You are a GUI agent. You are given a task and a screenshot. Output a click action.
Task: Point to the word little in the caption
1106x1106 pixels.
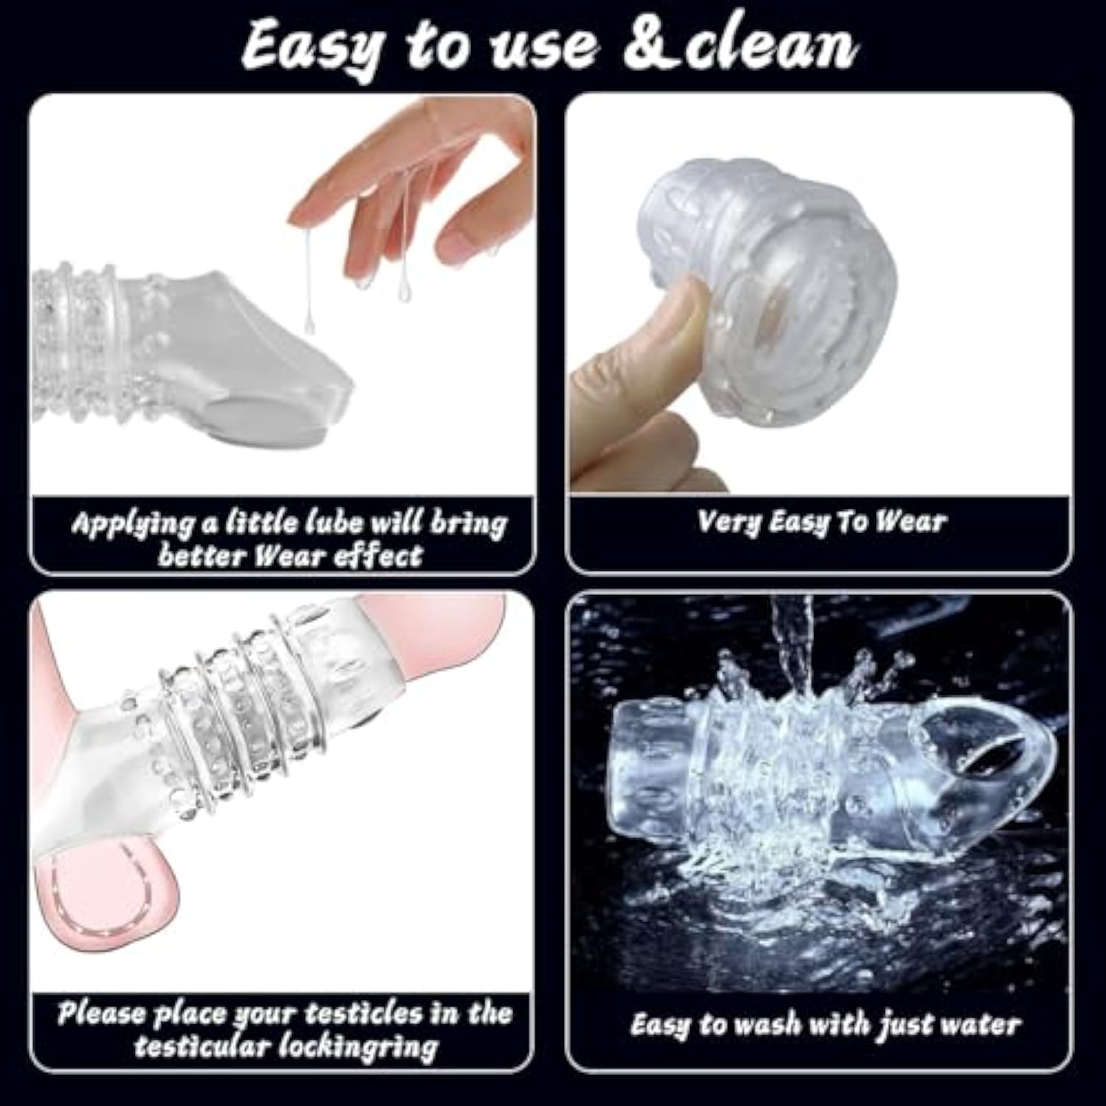pos(262,522)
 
